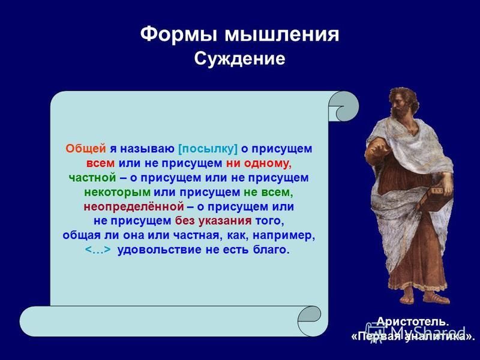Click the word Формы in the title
coord(179,34)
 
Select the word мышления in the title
coord(282,34)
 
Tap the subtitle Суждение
coord(239,59)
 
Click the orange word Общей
coord(86,149)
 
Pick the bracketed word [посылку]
coord(208,149)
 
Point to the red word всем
coord(100,163)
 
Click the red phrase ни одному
coord(259,163)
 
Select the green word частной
coord(92,178)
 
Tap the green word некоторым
coord(117,193)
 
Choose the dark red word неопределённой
coord(134,206)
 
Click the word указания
coord(225,221)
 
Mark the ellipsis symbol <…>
coord(98,250)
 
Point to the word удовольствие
coord(159,250)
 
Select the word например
coord(284,236)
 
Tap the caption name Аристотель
coord(412,322)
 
